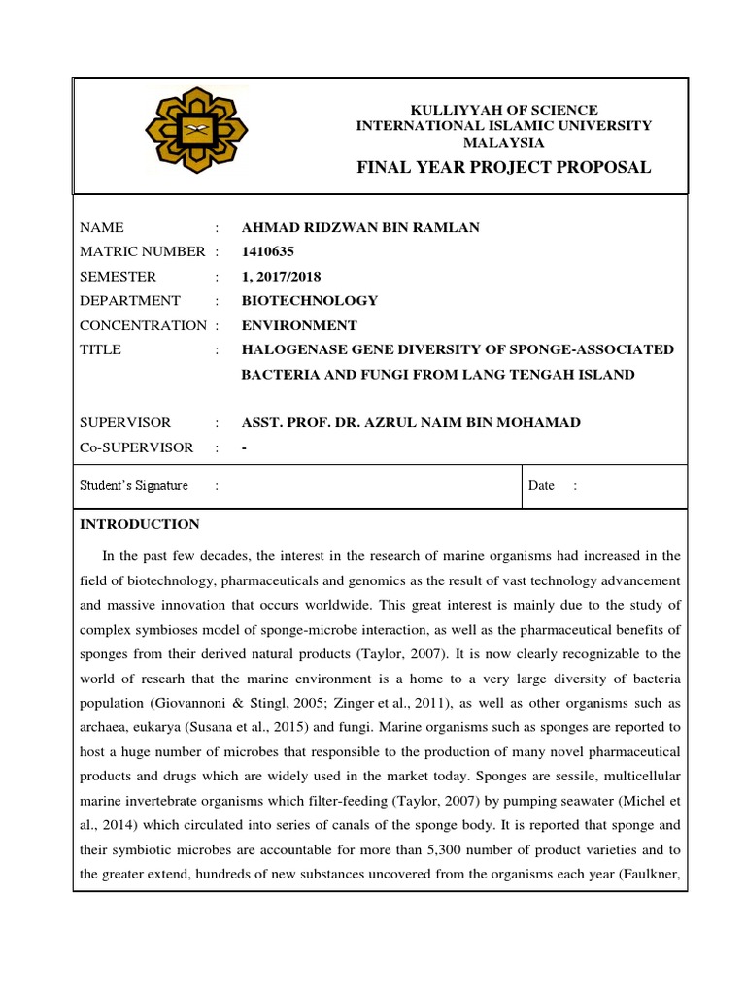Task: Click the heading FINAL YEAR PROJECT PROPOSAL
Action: point(503,168)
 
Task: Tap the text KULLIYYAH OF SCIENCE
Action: point(503,110)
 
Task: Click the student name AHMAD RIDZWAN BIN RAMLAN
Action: point(360,228)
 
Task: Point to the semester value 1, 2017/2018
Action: point(281,277)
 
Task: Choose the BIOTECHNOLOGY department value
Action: point(310,301)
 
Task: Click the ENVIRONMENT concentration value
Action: point(299,325)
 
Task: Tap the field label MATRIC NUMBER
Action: point(142,252)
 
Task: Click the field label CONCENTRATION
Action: point(143,325)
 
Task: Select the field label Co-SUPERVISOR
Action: point(136,447)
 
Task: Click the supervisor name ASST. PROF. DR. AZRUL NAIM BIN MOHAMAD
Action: point(411,423)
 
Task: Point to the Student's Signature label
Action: point(134,486)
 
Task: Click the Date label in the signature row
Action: point(541,486)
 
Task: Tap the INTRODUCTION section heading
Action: point(140,524)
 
